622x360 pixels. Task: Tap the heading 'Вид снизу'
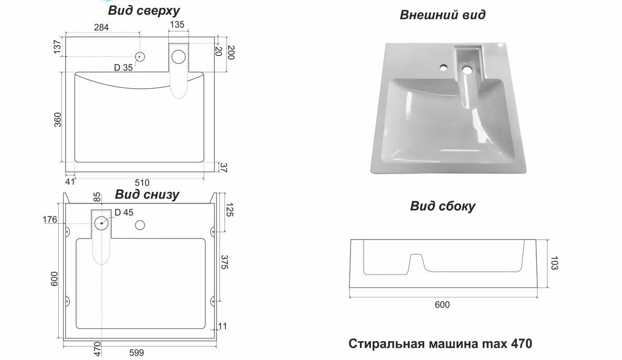(147, 195)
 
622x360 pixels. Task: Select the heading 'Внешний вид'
(443, 15)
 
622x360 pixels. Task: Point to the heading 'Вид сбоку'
(442, 207)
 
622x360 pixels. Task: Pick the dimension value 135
(177, 25)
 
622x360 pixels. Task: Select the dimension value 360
(57, 119)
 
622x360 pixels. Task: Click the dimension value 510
(142, 183)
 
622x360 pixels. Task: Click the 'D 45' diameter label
(125, 212)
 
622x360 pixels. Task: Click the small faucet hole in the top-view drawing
(140, 56)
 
